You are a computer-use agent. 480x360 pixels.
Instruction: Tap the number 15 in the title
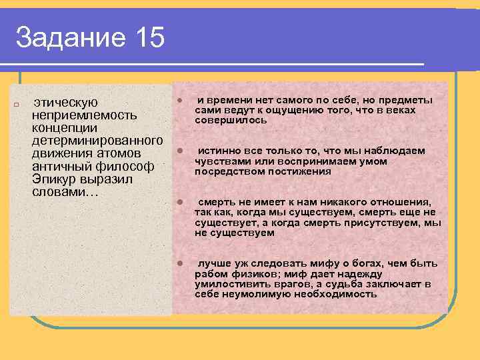point(149,38)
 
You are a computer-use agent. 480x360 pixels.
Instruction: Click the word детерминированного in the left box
point(97,141)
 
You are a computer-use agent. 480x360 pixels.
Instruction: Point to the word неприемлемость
point(85,115)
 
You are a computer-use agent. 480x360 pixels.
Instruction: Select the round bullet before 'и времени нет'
point(179,101)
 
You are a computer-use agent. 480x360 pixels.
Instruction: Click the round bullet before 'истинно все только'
point(179,151)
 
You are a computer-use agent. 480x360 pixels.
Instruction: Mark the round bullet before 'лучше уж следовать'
point(179,264)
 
